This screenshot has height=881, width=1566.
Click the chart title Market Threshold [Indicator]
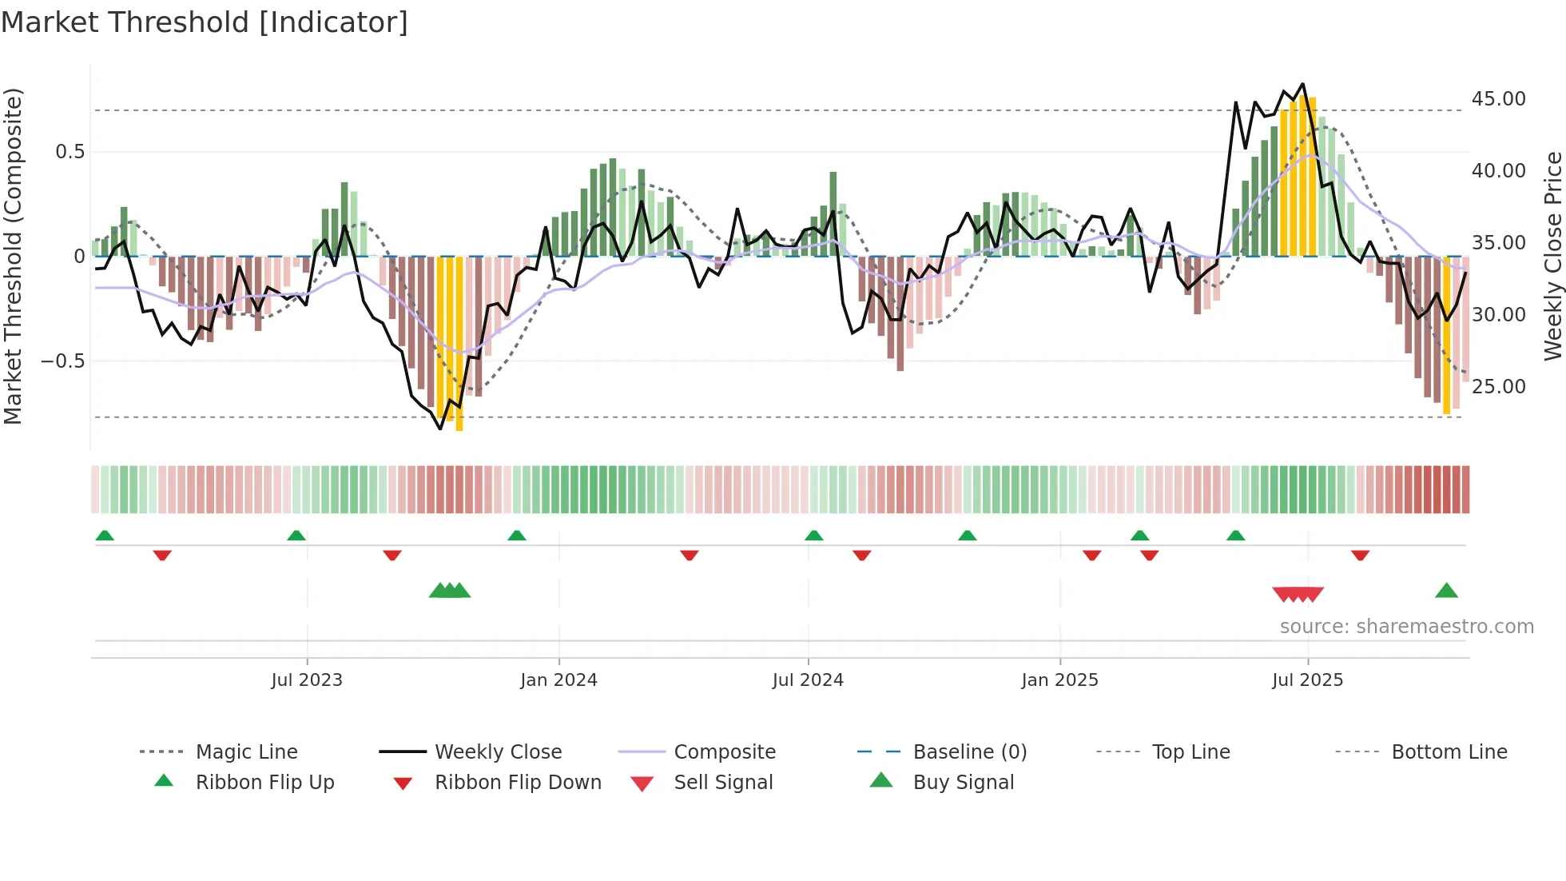click(205, 22)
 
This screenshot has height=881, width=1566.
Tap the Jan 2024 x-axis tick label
click(558, 680)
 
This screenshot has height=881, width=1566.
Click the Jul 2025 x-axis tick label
click(1307, 680)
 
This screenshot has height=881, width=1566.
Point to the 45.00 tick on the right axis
click(1498, 99)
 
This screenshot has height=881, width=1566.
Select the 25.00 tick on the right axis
click(1498, 387)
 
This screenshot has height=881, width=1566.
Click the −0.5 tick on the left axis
click(63, 361)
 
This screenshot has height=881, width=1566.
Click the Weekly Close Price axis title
click(1552, 256)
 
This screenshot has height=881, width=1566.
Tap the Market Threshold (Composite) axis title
click(13, 256)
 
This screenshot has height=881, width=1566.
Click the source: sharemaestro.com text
click(1406, 627)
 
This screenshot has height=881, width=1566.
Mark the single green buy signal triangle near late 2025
click(1446, 592)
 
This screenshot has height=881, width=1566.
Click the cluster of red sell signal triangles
click(1298, 594)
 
